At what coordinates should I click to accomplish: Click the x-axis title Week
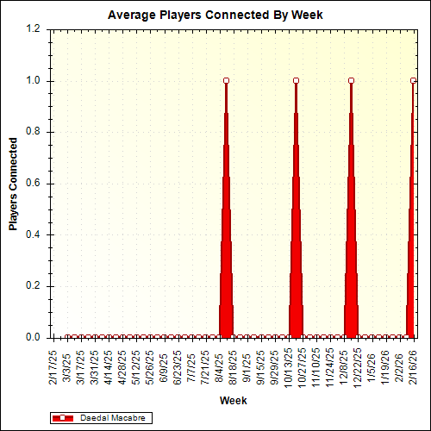pyautogui.click(x=233, y=401)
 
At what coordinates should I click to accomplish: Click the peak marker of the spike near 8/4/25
pyautogui.click(x=226, y=81)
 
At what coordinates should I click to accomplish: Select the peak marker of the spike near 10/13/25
pyautogui.click(x=296, y=81)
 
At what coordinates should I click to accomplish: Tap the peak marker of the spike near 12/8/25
pyautogui.click(x=351, y=81)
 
